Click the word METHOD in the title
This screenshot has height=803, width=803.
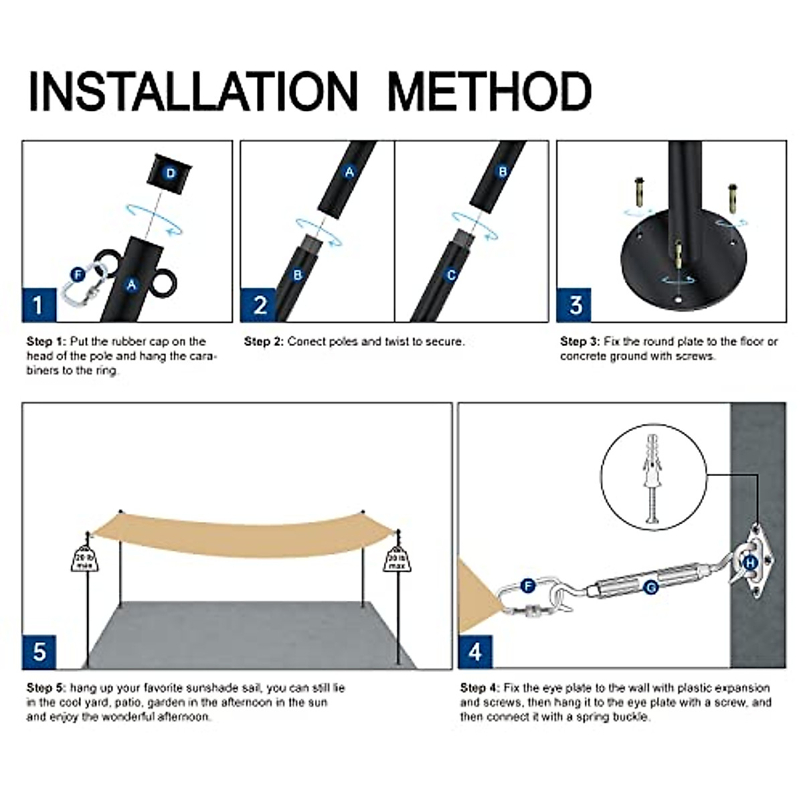(x=489, y=91)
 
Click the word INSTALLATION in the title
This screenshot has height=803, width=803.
(x=193, y=91)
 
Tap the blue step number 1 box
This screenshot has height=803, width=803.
(x=39, y=305)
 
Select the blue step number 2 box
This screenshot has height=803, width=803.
(x=258, y=305)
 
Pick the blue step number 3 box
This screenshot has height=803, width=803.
(x=574, y=305)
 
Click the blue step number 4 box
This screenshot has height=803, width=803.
(x=476, y=652)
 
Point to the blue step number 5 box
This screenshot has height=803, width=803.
(x=39, y=652)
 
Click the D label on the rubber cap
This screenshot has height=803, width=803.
(x=171, y=173)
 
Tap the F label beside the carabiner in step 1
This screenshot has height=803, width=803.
(x=78, y=275)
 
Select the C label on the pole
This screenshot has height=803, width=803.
(x=452, y=276)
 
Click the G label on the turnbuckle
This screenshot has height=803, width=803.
(x=650, y=588)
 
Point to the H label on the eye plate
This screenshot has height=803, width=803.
(x=751, y=563)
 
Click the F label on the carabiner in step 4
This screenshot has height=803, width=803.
(x=528, y=586)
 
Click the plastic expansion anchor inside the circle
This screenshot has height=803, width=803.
(x=653, y=479)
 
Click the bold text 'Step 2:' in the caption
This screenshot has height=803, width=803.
(x=264, y=342)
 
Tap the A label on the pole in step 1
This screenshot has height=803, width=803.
(x=132, y=284)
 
